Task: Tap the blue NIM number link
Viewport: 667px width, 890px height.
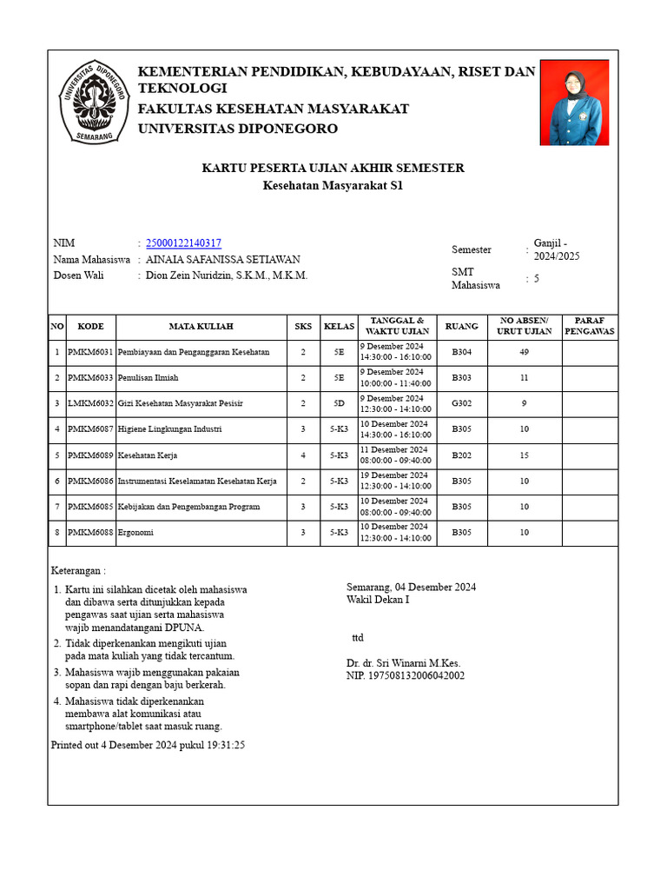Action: click(x=183, y=243)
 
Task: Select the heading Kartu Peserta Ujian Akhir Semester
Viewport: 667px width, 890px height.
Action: click(x=333, y=168)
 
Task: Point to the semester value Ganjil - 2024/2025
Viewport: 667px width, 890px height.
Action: click(x=557, y=249)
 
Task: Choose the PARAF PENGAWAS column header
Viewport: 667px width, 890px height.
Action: click(x=590, y=327)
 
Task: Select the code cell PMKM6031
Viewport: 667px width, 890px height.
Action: click(x=90, y=352)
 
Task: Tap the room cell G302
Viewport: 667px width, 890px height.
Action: click(x=462, y=403)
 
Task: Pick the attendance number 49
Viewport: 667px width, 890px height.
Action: click(x=525, y=352)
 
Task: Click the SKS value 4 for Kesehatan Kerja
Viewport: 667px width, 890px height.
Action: click(x=303, y=455)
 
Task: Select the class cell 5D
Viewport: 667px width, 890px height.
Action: click(x=339, y=403)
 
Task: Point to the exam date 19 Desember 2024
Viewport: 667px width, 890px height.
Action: click(x=394, y=475)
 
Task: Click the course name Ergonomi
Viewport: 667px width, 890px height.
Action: click(x=135, y=532)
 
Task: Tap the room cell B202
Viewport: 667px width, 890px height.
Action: click(x=462, y=455)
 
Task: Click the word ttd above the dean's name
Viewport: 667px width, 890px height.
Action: click(x=358, y=638)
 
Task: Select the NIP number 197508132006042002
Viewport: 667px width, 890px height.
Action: click(x=406, y=675)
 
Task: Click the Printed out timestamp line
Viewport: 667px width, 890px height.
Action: click(x=149, y=745)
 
